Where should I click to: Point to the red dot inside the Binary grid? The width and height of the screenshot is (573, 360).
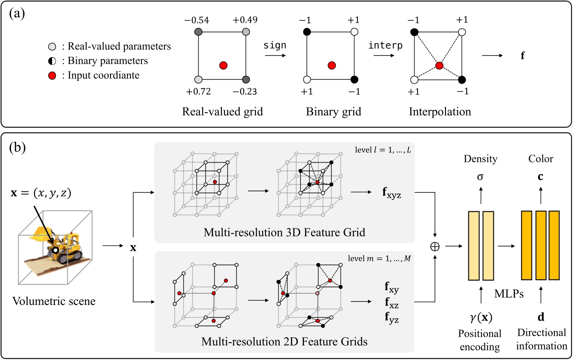click(332, 65)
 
